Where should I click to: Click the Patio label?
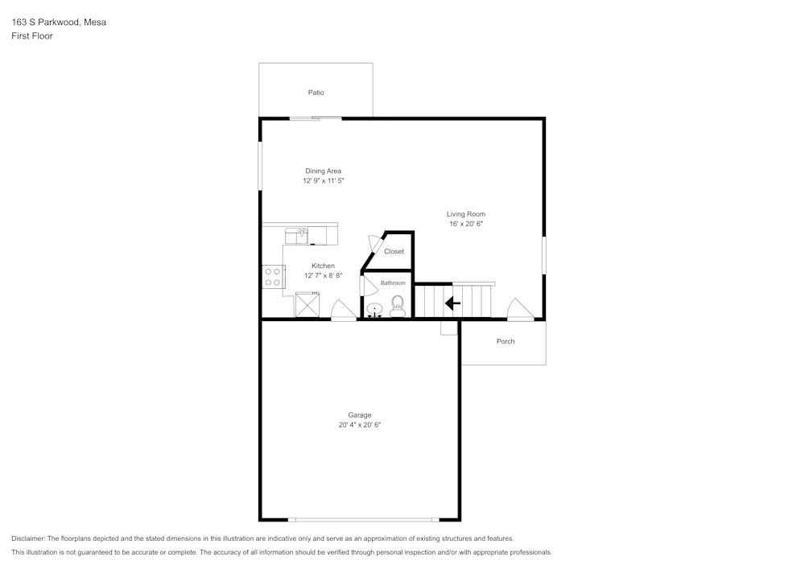(x=316, y=93)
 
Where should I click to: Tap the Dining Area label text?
(x=323, y=171)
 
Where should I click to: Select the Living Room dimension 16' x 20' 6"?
(x=466, y=224)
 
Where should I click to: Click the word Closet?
(x=394, y=252)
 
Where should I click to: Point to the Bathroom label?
(x=393, y=283)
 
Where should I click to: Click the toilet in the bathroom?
(x=397, y=306)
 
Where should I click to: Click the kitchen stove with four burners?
(x=272, y=277)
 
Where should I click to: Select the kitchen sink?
(x=296, y=235)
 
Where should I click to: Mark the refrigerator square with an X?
(x=308, y=305)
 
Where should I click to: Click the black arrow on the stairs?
(x=452, y=303)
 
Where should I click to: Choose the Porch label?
(x=506, y=341)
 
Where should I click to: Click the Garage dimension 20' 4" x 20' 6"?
(x=359, y=425)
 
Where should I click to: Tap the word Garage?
(x=359, y=415)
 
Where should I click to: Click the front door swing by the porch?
(x=519, y=309)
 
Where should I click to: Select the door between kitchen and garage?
(x=343, y=311)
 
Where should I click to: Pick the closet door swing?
(x=374, y=244)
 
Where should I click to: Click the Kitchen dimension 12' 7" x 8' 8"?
(x=323, y=275)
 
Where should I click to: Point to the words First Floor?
(x=32, y=36)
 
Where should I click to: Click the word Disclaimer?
(x=28, y=538)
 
